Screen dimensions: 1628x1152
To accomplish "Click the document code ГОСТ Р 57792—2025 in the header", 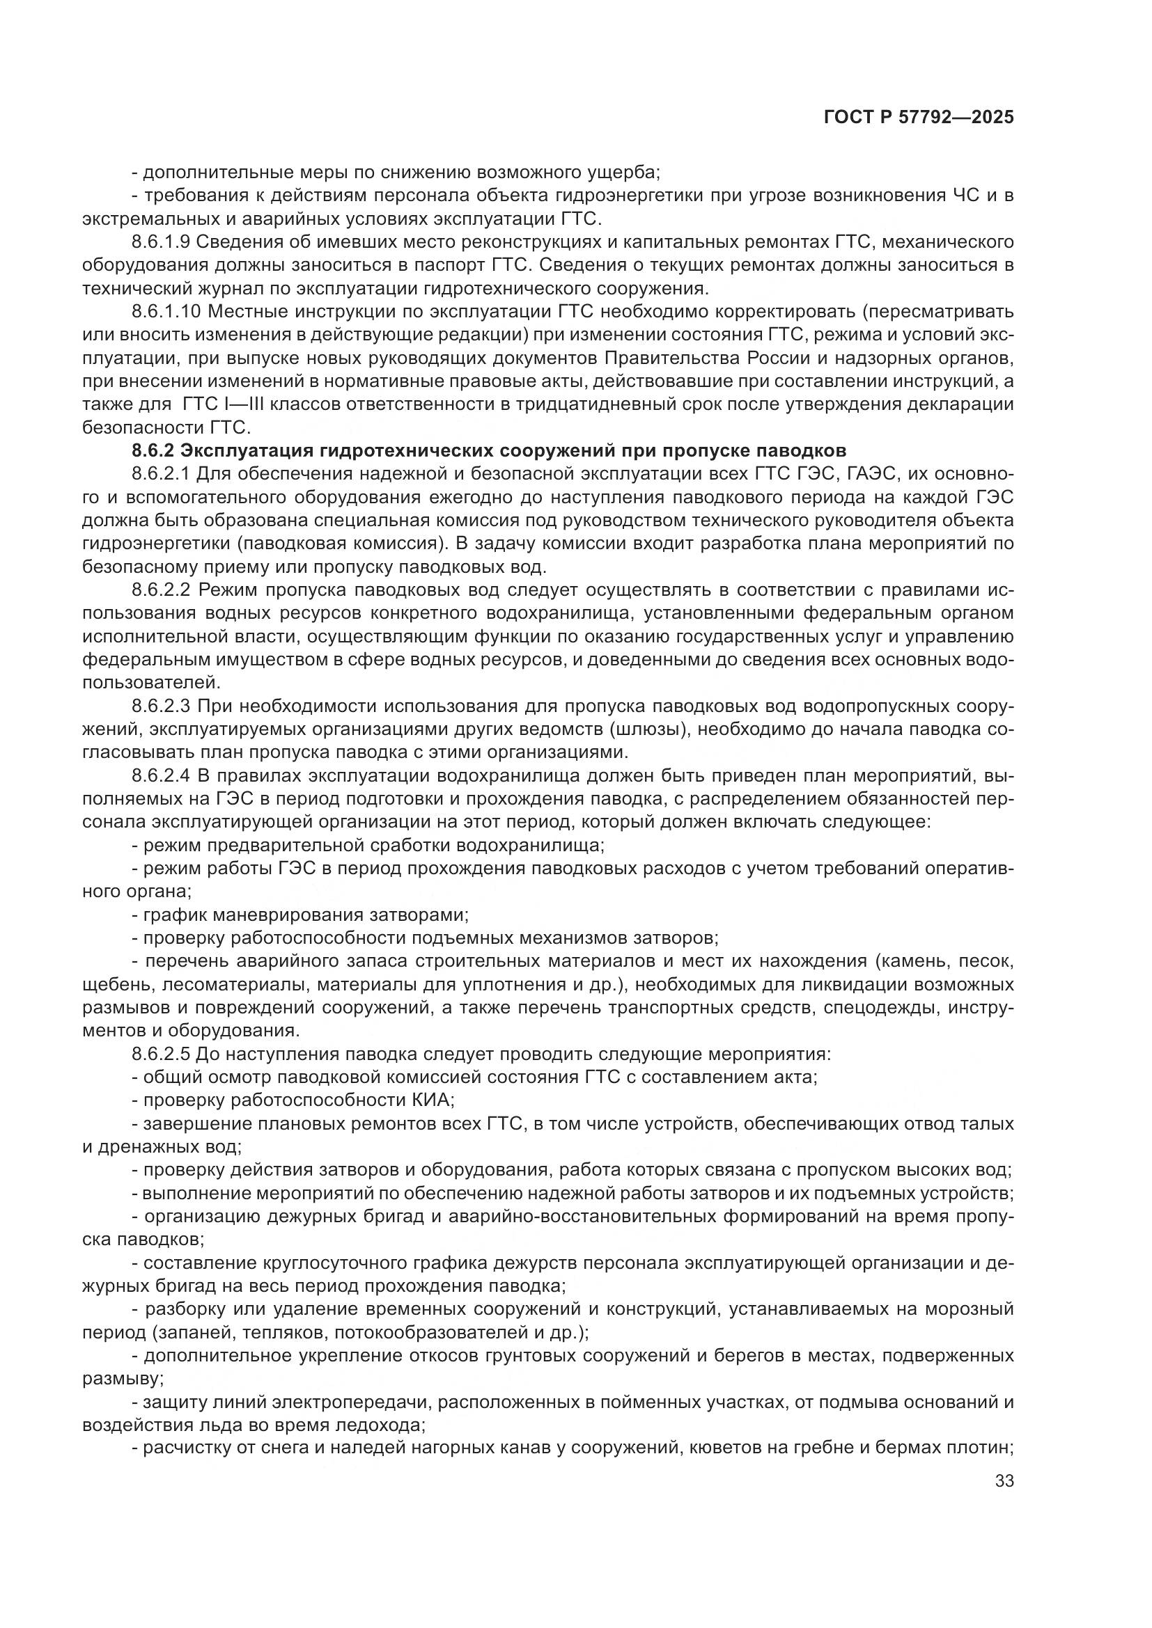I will [x=918, y=118].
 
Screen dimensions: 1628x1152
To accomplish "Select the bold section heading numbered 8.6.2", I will [x=489, y=451].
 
